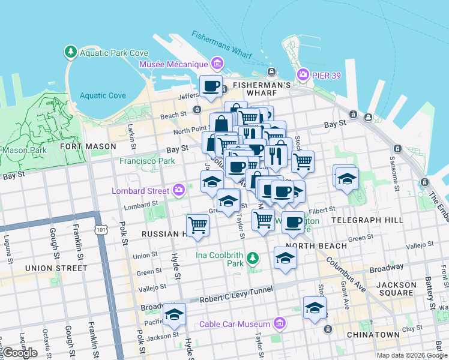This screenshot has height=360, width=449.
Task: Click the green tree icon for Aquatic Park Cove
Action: pos(71,52)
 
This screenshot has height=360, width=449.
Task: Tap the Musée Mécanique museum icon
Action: pos(217,64)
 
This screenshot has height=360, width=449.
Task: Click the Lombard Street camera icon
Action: pos(179,191)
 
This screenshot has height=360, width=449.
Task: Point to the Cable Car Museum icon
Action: pos(279,324)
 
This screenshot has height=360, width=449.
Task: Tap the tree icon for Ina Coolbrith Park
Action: pos(253,258)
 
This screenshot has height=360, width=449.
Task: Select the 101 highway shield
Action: pos(100,229)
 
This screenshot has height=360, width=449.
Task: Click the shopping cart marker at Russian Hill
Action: pos(197,226)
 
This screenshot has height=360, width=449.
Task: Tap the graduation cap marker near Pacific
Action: pos(175,314)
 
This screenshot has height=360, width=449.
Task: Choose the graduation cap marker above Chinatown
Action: pos(315,308)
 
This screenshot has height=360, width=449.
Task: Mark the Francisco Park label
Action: pos(147,161)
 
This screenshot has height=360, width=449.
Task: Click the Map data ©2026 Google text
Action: pos(412,355)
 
